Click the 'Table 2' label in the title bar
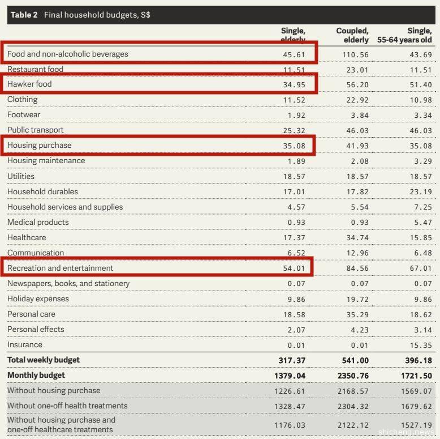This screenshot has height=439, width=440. (x=24, y=15)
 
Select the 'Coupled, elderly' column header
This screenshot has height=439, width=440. (x=352, y=35)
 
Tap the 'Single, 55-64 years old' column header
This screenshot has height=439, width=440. (x=404, y=35)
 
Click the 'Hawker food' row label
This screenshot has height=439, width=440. (x=29, y=84)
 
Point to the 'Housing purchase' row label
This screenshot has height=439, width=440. (x=40, y=145)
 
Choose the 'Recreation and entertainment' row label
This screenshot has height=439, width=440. (x=60, y=268)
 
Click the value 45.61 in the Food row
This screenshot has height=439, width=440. (x=294, y=54)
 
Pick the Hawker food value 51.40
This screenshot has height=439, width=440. (x=420, y=84)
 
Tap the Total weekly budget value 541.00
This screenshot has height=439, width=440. (x=355, y=360)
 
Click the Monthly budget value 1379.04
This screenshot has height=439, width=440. (x=291, y=376)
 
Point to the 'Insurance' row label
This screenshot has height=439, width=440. (x=25, y=344)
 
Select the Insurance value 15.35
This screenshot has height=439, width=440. (x=420, y=345)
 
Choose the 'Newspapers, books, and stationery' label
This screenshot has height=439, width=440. (x=68, y=283)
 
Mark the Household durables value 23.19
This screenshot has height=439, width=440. (x=420, y=192)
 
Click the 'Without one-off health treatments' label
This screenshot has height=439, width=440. (x=67, y=406)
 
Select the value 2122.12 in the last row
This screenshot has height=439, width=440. (x=352, y=425)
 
